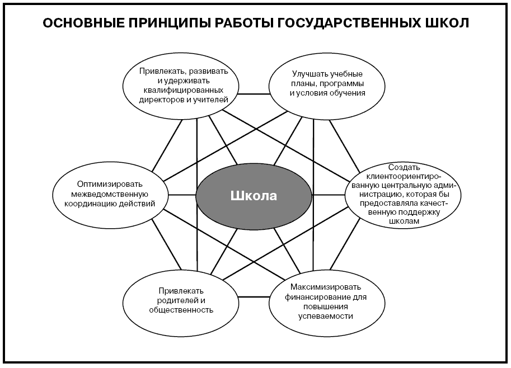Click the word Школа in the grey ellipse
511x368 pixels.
click(254, 196)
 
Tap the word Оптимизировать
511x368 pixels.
click(110, 185)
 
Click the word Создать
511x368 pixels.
click(404, 167)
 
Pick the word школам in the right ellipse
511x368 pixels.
click(404, 221)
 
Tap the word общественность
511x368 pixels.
click(181, 310)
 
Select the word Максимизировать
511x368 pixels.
click(326, 287)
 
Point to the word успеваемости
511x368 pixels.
click(326, 316)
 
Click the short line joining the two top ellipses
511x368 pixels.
click(254, 94)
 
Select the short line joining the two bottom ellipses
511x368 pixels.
click(254, 296)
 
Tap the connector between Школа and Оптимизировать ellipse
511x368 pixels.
click(182, 195)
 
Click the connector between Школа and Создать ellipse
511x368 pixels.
click(329, 195)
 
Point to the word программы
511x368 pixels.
click(341, 84)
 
